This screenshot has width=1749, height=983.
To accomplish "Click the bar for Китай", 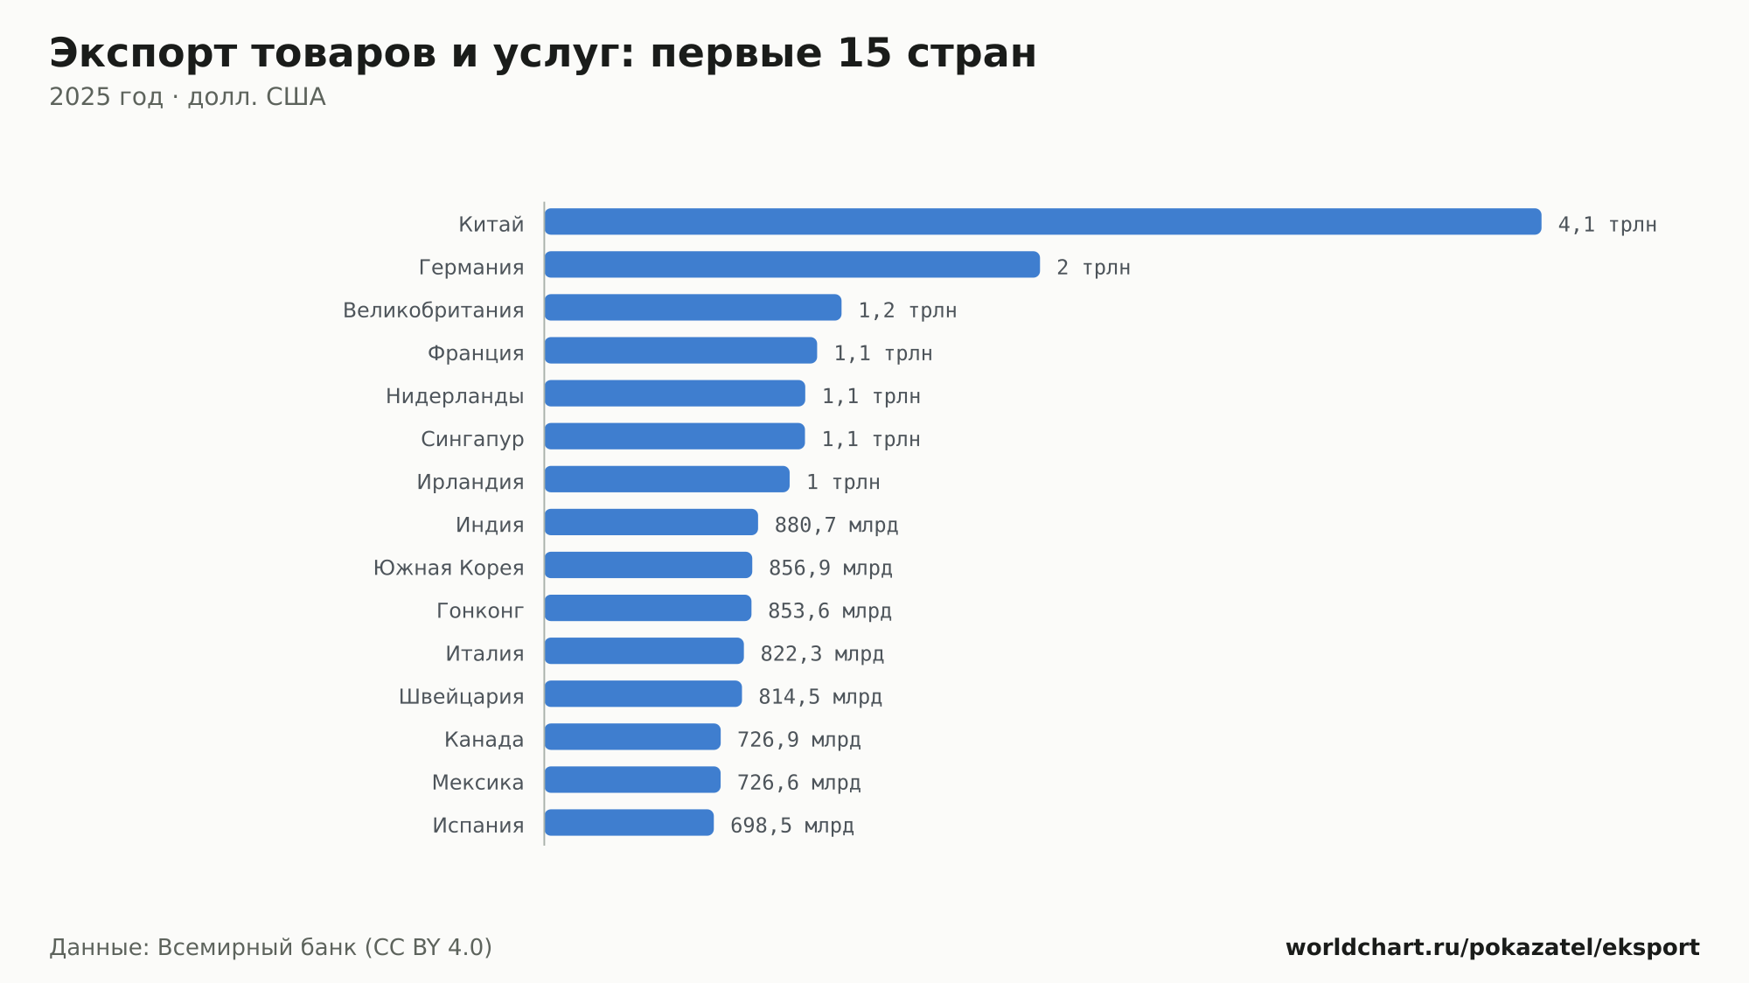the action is click(1042, 221).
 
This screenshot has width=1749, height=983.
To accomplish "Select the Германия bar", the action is click(792, 264).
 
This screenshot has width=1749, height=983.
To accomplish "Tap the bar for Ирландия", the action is click(667, 479).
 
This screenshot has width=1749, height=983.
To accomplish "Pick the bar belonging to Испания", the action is click(629, 823).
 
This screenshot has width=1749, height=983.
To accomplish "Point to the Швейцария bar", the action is click(643, 694).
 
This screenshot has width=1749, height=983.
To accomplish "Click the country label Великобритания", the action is click(433, 310).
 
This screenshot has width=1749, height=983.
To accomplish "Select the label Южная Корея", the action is click(449, 568).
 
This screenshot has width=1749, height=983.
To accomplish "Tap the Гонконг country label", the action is click(480, 610).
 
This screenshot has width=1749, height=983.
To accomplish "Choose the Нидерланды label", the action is click(455, 396).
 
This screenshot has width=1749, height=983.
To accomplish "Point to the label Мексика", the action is click(477, 783).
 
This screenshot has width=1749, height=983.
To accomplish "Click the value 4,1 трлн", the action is click(1607, 225).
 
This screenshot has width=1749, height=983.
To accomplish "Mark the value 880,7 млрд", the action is click(836, 525).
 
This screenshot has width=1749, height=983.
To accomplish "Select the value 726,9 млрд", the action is click(798, 740).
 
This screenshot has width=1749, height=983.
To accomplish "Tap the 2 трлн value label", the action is click(1093, 268).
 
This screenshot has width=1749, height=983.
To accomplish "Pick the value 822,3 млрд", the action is click(822, 653).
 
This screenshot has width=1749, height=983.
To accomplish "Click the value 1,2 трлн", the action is click(907, 310).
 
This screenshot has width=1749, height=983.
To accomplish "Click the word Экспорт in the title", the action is click(143, 54).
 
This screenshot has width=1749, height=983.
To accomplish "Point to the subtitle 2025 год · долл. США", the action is click(187, 97).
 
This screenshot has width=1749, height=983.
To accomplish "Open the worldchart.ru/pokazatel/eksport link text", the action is click(1492, 948).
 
